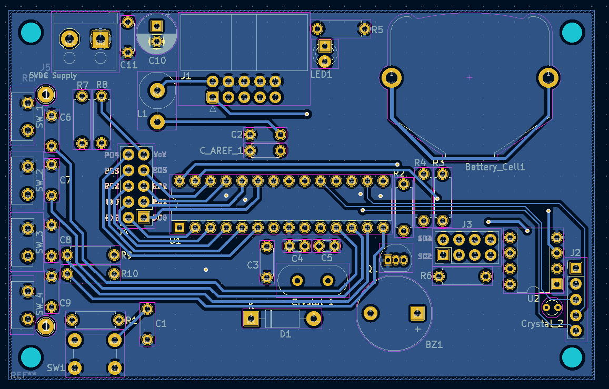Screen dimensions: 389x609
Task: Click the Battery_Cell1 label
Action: [x=495, y=167]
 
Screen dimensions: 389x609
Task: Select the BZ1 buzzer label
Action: [x=434, y=345]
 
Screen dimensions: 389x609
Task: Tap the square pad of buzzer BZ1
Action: [x=417, y=314]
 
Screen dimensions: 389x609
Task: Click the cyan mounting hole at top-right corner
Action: [x=572, y=33]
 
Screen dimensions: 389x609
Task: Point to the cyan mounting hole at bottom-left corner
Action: [x=31, y=357]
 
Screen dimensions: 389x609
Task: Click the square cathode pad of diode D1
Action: [x=251, y=318]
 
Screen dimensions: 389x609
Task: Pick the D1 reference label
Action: [x=285, y=334]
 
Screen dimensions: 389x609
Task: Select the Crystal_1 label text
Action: [x=312, y=302]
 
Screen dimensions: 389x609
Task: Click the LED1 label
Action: [x=321, y=75]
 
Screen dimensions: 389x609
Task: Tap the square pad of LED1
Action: [x=325, y=47]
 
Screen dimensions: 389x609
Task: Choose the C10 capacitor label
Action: [x=157, y=60]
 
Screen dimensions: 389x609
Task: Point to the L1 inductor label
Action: [x=142, y=114]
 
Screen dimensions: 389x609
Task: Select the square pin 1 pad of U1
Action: [x=179, y=227]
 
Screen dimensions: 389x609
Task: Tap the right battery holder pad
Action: [x=547, y=78]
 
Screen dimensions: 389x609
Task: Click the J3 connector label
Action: [x=467, y=224]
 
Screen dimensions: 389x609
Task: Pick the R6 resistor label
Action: [x=426, y=275]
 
